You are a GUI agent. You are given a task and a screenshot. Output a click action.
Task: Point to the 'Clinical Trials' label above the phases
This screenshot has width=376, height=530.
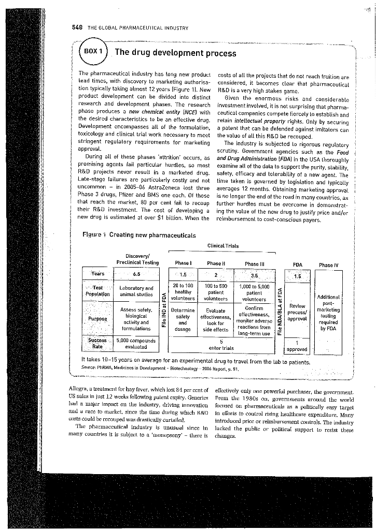coord(222,246)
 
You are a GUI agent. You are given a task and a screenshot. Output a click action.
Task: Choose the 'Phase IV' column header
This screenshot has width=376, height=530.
coord(329,266)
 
